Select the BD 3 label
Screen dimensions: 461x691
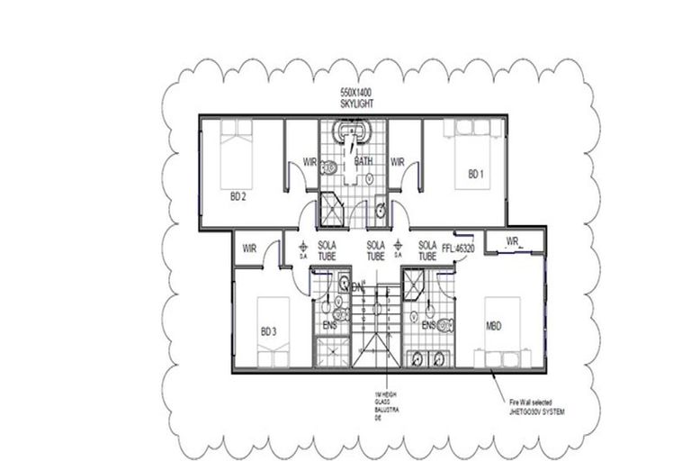coord(268,332)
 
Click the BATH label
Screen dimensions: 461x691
coord(364,162)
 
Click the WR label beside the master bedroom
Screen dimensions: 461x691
coord(513,241)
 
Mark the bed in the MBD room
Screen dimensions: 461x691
coord(503,334)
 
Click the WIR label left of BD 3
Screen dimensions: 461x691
coord(251,248)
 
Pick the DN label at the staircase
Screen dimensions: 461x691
coord(357,288)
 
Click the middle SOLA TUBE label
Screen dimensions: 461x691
coord(376,250)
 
